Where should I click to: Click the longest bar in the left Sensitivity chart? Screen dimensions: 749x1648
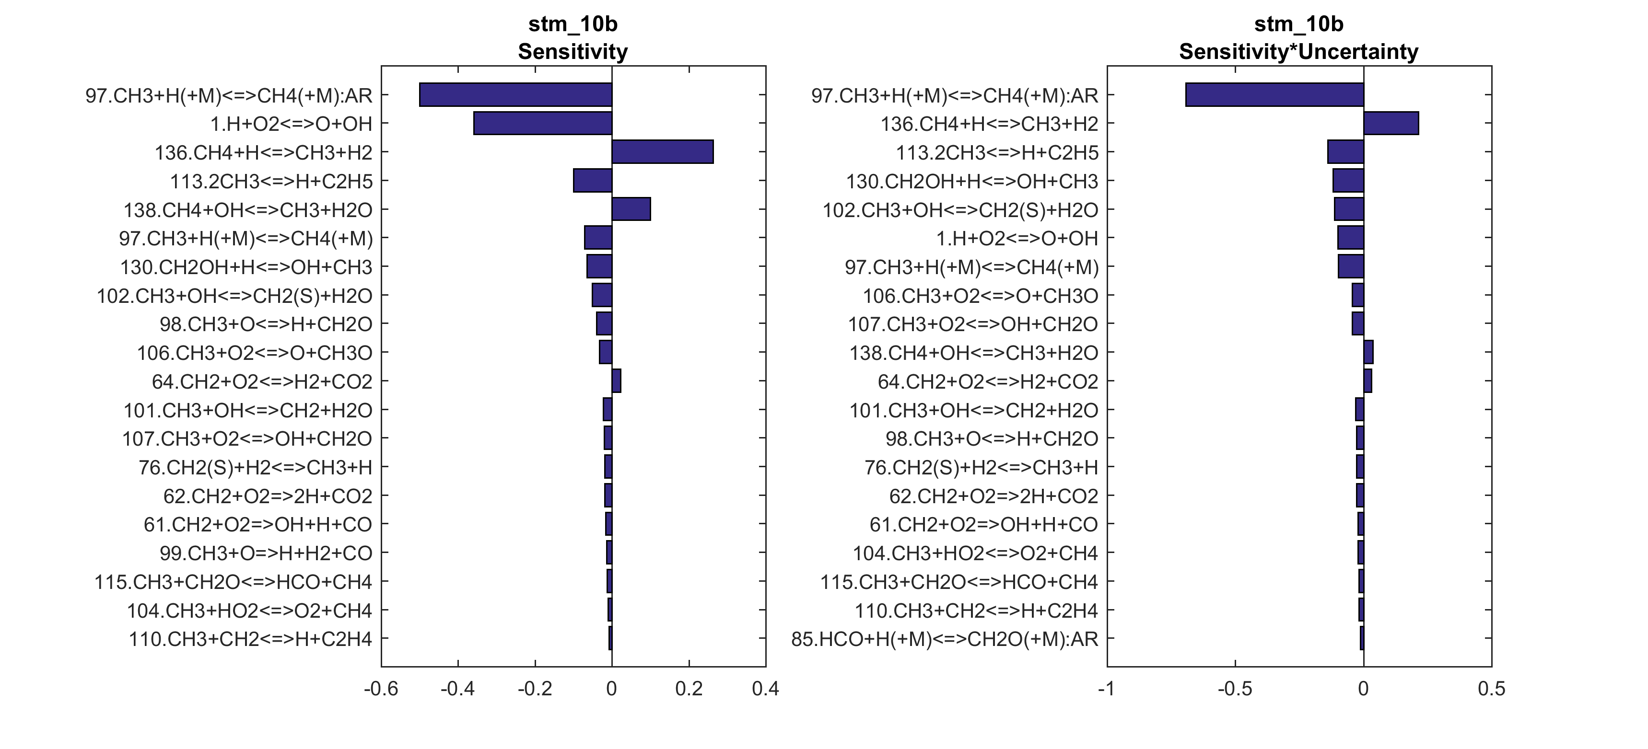(515, 95)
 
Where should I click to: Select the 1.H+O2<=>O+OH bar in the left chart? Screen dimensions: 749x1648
(542, 124)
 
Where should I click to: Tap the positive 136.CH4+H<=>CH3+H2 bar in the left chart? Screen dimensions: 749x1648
(662, 152)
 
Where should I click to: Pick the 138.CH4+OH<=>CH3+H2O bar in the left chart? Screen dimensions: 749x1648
(631, 209)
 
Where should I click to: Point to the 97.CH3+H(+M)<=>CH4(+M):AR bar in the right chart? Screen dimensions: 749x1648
(1274, 95)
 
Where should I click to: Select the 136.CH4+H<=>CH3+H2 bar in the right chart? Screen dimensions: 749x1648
(1391, 124)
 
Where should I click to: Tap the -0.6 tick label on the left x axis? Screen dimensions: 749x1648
(381, 689)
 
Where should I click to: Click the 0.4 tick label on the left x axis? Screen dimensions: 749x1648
(765, 689)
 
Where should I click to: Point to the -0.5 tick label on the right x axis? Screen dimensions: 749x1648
(1235, 689)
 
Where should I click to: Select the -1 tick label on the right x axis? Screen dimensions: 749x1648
(1106, 689)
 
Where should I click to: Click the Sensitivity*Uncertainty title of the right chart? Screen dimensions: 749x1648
(1299, 51)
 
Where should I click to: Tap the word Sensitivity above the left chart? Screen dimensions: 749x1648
(573, 51)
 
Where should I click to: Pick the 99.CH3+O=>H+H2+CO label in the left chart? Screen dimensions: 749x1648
(266, 553)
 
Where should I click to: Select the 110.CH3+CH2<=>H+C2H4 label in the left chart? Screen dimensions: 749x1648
(250, 639)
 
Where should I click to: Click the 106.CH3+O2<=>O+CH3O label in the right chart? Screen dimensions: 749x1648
(980, 296)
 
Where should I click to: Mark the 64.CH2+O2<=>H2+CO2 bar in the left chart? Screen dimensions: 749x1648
(616, 381)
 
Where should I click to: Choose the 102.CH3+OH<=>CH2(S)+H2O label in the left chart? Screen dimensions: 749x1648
(234, 296)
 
